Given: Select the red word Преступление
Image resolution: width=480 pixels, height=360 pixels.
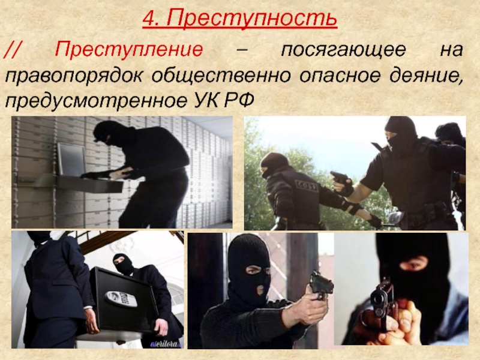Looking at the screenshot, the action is pos(129,49).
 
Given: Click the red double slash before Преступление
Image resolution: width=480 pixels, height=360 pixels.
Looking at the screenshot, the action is pos(11,50).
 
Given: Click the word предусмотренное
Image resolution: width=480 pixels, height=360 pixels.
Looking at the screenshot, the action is pos(95,101).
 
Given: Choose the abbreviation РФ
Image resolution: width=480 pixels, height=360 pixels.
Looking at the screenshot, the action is pos(239,100).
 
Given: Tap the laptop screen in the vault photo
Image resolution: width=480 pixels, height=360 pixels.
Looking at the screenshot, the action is pos(71,160).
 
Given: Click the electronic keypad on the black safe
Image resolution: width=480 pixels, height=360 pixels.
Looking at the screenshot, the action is pos(121,298).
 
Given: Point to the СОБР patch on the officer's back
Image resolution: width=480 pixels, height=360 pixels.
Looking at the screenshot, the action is pos(307,185).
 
